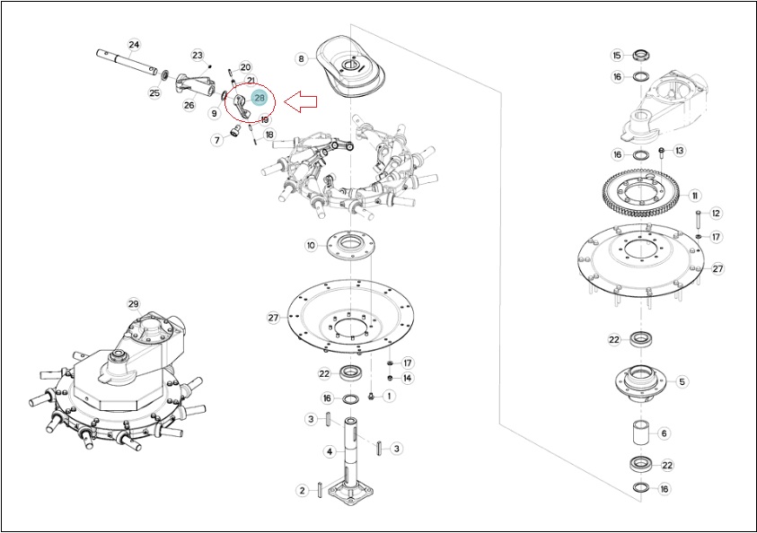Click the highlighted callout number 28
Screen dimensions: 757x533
(260, 98)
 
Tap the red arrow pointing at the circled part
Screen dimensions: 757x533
(300, 101)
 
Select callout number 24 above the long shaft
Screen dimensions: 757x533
(134, 45)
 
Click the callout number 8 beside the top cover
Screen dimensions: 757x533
(301, 59)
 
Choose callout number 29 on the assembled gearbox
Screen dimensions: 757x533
(133, 304)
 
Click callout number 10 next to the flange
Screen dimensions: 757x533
(311, 246)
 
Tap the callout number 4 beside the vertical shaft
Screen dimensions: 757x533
(330, 452)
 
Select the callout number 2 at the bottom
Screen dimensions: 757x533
(302, 491)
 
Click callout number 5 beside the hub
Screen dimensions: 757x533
(682, 382)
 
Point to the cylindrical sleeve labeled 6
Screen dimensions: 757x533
(641, 433)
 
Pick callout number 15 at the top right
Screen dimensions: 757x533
(617, 56)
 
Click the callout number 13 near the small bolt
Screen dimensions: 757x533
(680, 151)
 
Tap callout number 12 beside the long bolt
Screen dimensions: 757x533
(716, 214)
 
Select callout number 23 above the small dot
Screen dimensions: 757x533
(198, 56)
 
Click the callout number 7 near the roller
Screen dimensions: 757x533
(217, 140)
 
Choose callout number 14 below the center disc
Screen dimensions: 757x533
(407, 378)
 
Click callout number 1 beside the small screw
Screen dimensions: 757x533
(389, 397)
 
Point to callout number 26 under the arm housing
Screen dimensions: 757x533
(189, 105)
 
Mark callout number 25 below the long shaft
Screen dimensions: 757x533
(154, 92)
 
